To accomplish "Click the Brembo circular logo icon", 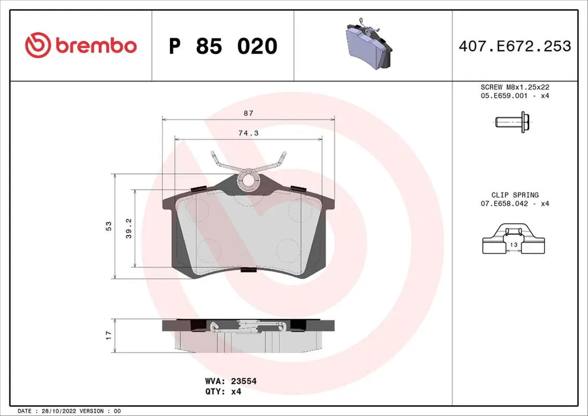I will pyautogui.click(x=38, y=45).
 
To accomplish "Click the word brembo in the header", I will pyautogui.click(x=96, y=45).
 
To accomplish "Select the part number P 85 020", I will pyautogui.click(x=223, y=46).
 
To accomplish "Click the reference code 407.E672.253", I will pyautogui.click(x=514, y=46).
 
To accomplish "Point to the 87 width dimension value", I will pyautogui.click(x=248, y=114).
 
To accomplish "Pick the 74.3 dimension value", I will pyautogui.click(x=248, y=133).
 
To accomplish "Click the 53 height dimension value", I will pyautogui.click(x=109, y=226).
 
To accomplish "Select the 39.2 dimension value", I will pyautogui.click(x=129, y=228).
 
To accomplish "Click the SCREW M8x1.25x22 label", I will pyautogui.click(x=514, y=87).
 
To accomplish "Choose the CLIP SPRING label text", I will pyautogui.click(x=514, y=195).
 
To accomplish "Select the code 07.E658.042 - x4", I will pyautogui.click(x=514, y=204).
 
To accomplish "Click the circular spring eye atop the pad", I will pyautogui.click(x=248, y=179).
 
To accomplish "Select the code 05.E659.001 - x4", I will pyautogui.click(x=514, y=96).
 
